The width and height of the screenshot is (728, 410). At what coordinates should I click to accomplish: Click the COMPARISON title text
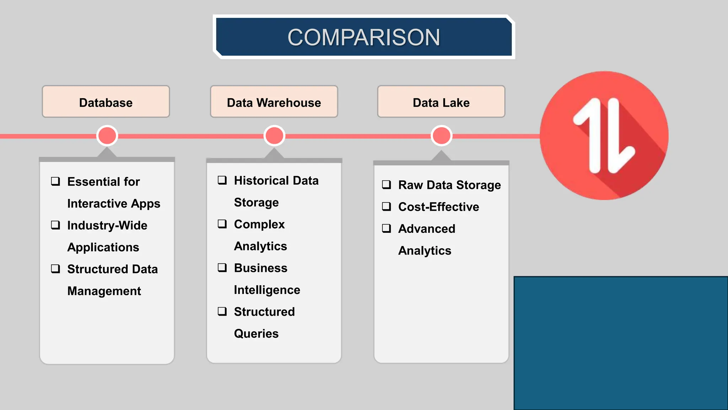pyautogui.click(x=364, y=37)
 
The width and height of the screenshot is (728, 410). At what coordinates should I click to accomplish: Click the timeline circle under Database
pyautogui.click(x=107, y=136)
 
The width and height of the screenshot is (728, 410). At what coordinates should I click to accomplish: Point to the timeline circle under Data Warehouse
pyautogui.click(x=274, y=136)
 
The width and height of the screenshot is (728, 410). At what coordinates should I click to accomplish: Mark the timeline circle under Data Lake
pyautogui.click(x=441, y=136)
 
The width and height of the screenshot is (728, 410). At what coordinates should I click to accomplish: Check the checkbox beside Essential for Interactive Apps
pyautogui.click(x=55, y=181)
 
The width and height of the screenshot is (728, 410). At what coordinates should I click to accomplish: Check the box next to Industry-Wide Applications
pyautogui.click(x=55, y=225)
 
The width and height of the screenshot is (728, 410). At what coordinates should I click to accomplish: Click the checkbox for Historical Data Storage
pyautogui.click(x=222, y=180)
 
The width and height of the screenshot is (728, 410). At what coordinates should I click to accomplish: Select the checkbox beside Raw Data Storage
pyautogui.click(x=386, y=185)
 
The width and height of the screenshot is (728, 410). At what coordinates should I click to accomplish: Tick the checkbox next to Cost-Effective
pyautogui.click(x=386, y=206)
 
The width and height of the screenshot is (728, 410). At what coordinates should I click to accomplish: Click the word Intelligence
pyautogui.click(x=267, y=290)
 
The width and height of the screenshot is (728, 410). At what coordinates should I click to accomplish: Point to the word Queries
pyautogui.click(x=256, y=334)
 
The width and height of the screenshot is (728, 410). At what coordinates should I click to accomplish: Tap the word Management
pyautogui.click(x=104, y=291)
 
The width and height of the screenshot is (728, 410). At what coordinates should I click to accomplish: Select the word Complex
pyautogui.click(x=259, y=225)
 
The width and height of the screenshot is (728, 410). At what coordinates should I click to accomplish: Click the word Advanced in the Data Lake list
pyautogui.click(x=427, y=228)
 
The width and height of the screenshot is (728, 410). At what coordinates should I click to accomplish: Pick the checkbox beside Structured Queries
pyautogui.click(x=222, y=311)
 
